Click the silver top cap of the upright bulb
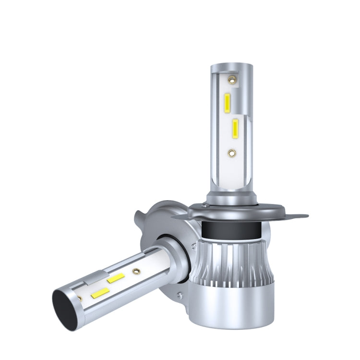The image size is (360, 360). [231, 68]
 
